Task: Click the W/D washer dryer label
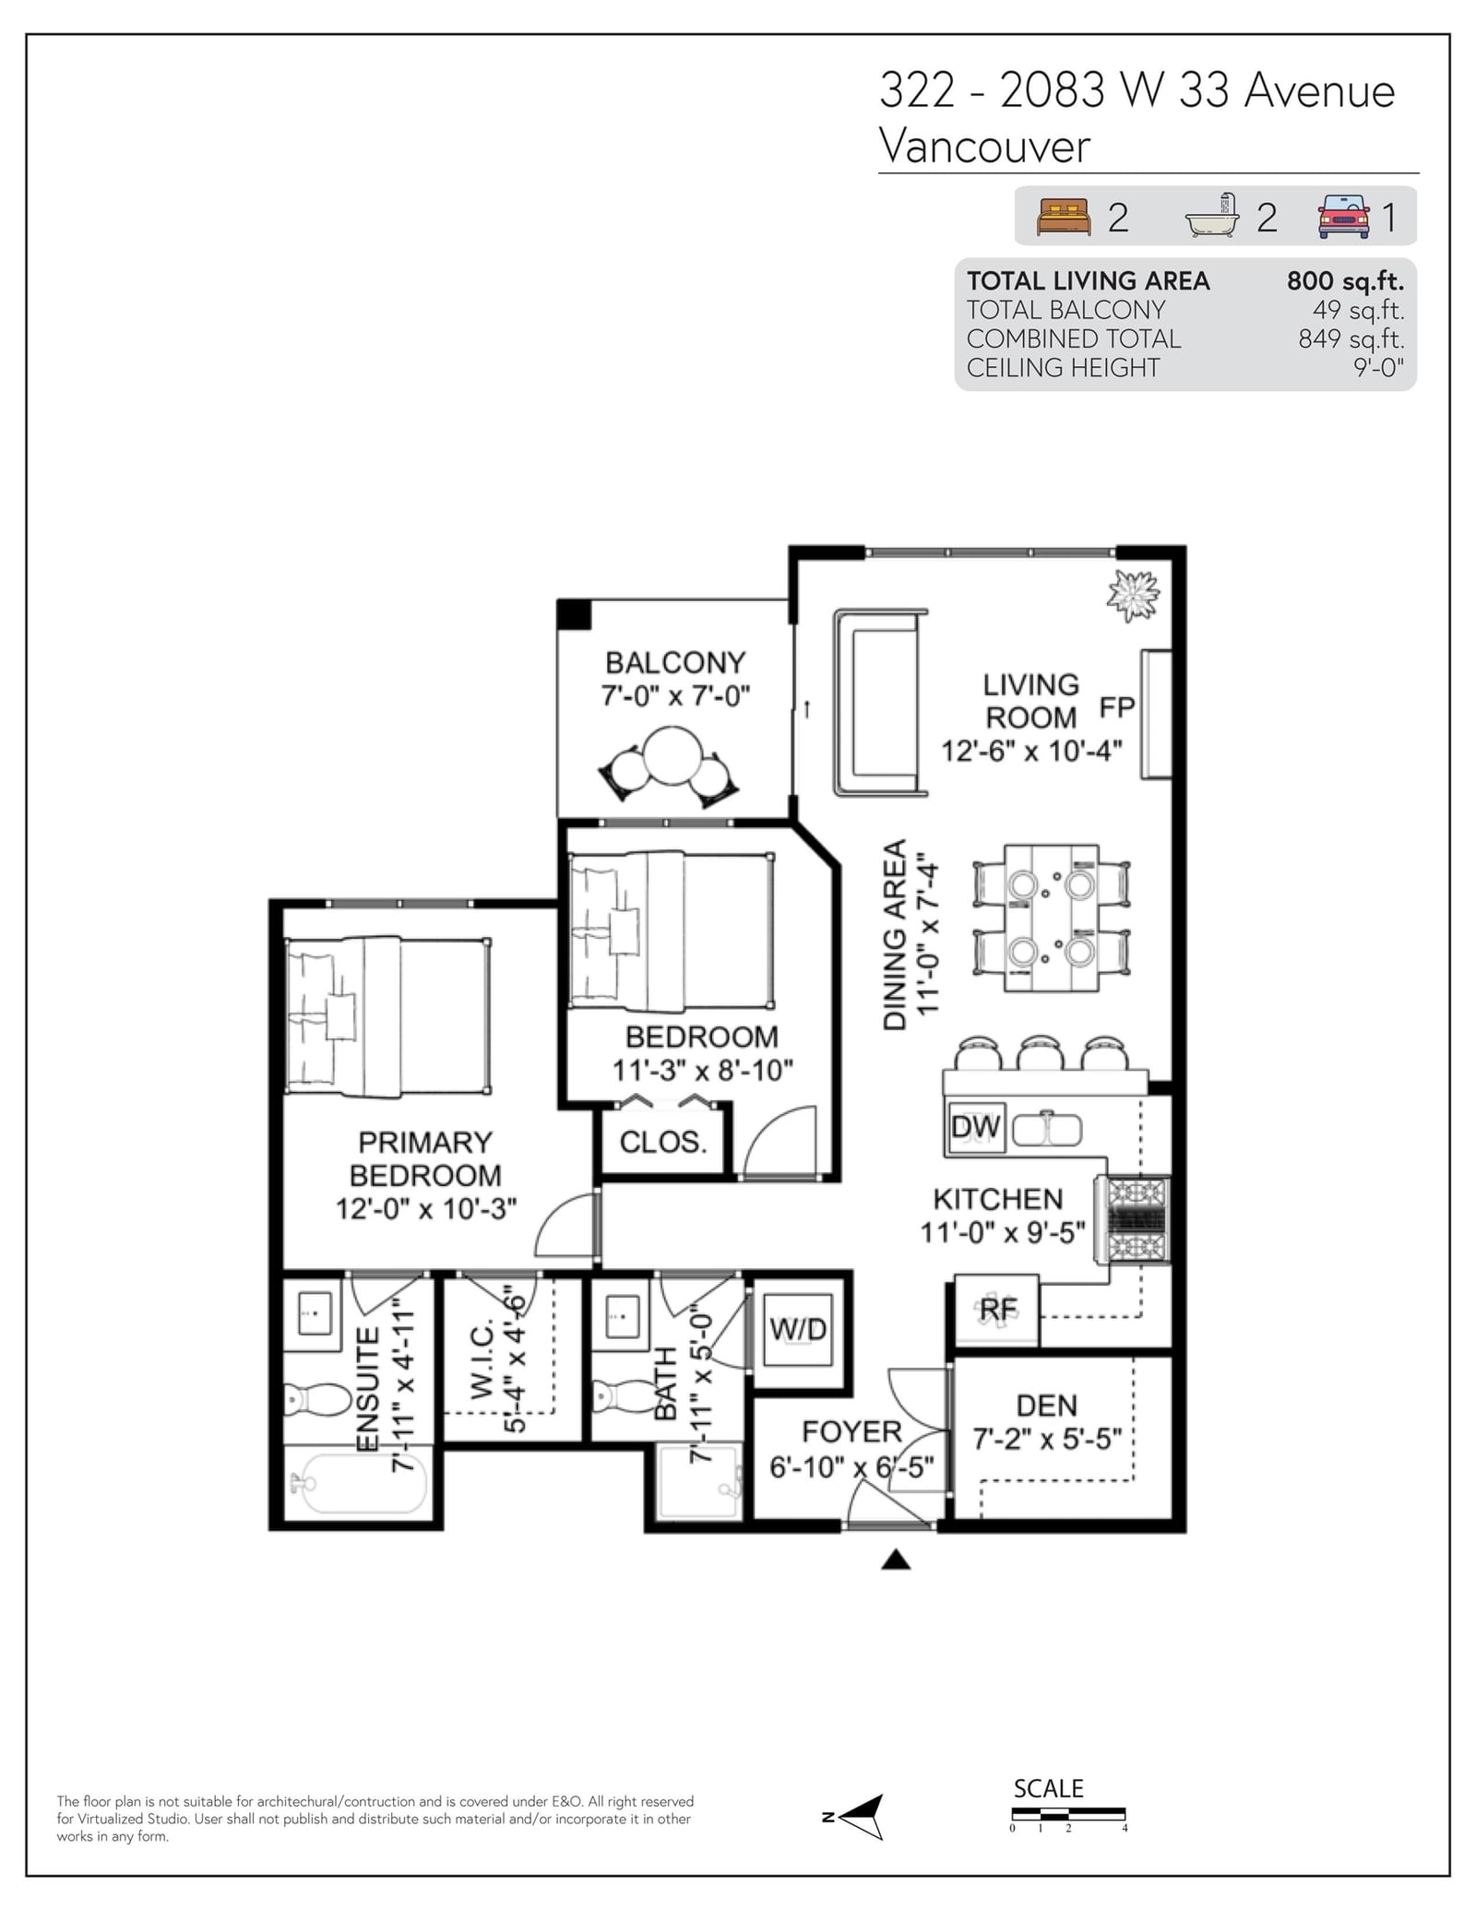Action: pyautogui.click(x=798, y=1329)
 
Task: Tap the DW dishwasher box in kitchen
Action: pyautogui.click(x=975, y=1127)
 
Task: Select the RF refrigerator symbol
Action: pyautogui.click(x=997, y=1310)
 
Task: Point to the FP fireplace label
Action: pyautogui.click(x=1116, y=707)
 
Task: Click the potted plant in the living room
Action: pyautogui.click(x=1133, y=595)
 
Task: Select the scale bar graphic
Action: pyautogui.click(x=1068, y=1814)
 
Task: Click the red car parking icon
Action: pyautogui.click(x=1343, y=217)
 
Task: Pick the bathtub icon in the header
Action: pyautogui.click(x=1212, y=216)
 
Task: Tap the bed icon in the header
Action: pyautogui.click(x=1064, y=217)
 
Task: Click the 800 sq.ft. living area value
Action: pyautogui.click(x=1345, y=280)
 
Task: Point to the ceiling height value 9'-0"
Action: pyautogui.click(x=1378, y=367)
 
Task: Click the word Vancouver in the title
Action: pyautogui.click(x=984, y=146)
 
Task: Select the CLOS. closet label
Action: pyautogui.click(x=663, y=1142)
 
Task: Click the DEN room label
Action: pyautogui.click(x=1047, y=1406)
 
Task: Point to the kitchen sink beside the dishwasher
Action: pyautogui.click(x=1047, y=1129)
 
